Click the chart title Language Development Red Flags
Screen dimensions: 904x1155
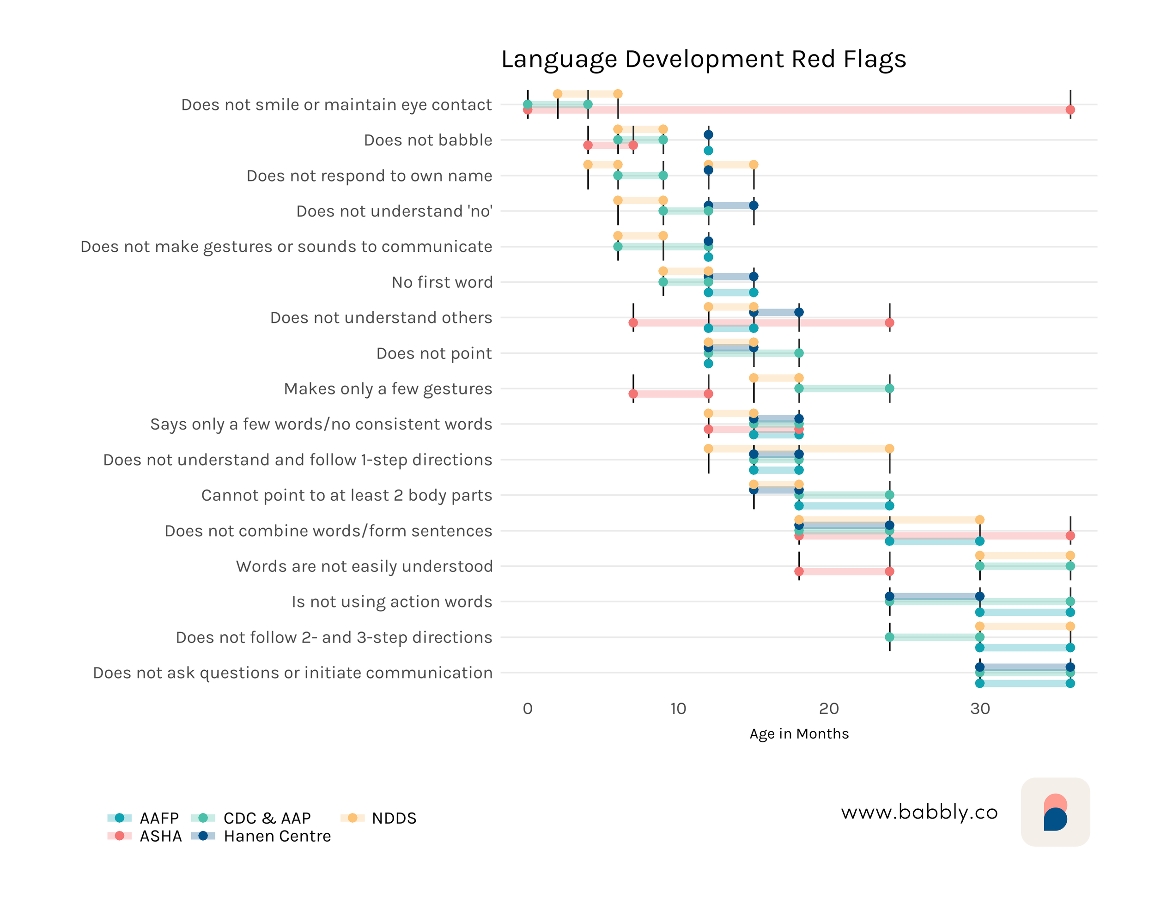tap(703, 59)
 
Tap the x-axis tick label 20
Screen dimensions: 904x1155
tap(828, 709)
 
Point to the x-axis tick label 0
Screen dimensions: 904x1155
tap(527, 709)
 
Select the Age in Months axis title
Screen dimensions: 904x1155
tap(798, 734)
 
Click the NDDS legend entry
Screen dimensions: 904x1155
tap(393, 818)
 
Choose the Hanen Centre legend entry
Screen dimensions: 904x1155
tap(277, 836)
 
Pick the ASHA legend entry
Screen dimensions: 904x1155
tap(160, 836)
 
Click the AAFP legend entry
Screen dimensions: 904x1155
tap(159, 818)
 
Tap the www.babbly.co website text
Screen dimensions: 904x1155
tap(919, 812)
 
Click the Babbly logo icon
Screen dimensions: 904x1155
tap(1054, 812)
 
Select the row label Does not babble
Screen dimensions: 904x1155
tap(428, 140)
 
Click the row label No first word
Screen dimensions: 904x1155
tap(442, 282)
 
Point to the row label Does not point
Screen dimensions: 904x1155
tap(433, 353)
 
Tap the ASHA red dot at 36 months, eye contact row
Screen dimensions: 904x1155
tap(1070, 110)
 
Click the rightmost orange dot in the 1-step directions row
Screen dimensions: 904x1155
tap(889, 449)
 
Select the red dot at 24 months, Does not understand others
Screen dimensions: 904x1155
tap(889, 323)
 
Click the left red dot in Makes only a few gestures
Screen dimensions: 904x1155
tap(633, 394)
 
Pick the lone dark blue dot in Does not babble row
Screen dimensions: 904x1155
tap(708, 134)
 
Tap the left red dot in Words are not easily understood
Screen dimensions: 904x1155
tap(799, 571)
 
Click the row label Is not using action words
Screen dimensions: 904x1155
tap(392, 602)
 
